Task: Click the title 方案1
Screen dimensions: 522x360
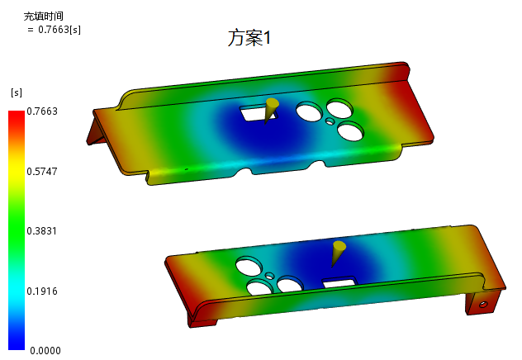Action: (249, 38)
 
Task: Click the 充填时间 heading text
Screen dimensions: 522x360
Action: (43, 16)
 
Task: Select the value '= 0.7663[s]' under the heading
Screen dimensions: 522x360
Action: (54, 30)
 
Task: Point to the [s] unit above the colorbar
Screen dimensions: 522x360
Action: (17, 92)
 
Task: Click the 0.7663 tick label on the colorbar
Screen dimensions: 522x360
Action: (42, 111)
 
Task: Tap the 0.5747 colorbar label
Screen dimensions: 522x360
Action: (42, 172)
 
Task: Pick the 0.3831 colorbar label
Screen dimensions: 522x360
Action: (41, 231)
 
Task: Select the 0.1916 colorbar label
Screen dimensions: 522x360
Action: (42, 291)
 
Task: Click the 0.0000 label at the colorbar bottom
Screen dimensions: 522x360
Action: (45, 350)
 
